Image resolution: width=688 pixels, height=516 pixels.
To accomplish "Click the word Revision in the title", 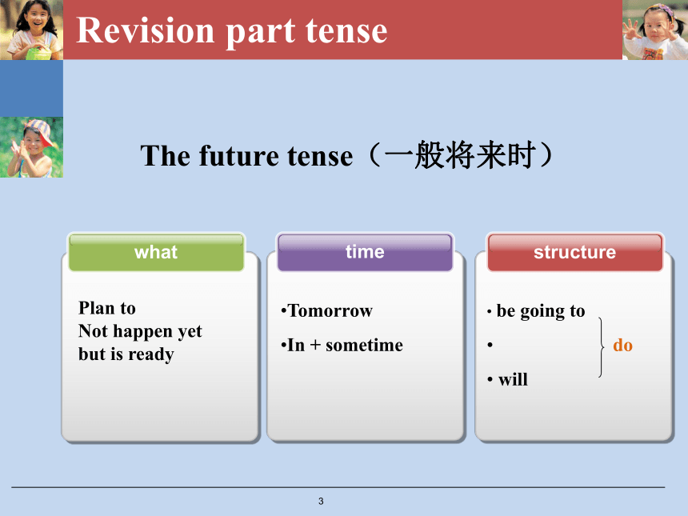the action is (146, 30).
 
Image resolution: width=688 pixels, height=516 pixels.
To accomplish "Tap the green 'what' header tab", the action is (156, 252).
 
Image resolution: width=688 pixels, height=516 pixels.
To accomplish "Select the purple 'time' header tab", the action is (365, 252).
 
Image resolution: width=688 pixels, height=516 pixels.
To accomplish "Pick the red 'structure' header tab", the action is (574, 252).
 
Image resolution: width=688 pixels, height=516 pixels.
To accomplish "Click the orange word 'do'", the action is (622, 346).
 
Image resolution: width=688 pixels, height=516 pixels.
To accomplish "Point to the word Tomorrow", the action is (330, 310).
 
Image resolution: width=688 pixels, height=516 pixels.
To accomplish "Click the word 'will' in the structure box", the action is (513, 379).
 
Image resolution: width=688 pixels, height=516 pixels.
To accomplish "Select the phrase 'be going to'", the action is (541, 311).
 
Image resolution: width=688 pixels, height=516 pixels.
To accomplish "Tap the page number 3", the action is (321, 501).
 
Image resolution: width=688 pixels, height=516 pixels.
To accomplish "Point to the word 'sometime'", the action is (364, 346).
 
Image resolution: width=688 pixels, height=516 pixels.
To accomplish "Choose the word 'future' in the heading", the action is (238, 156).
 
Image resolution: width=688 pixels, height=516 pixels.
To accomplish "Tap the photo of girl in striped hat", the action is (31, 147).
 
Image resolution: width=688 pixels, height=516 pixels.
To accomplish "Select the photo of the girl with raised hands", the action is (655, 30).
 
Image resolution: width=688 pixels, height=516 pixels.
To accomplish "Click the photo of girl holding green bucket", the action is (31, 30).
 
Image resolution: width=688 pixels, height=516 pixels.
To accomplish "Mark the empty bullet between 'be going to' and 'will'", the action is (490, 346).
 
